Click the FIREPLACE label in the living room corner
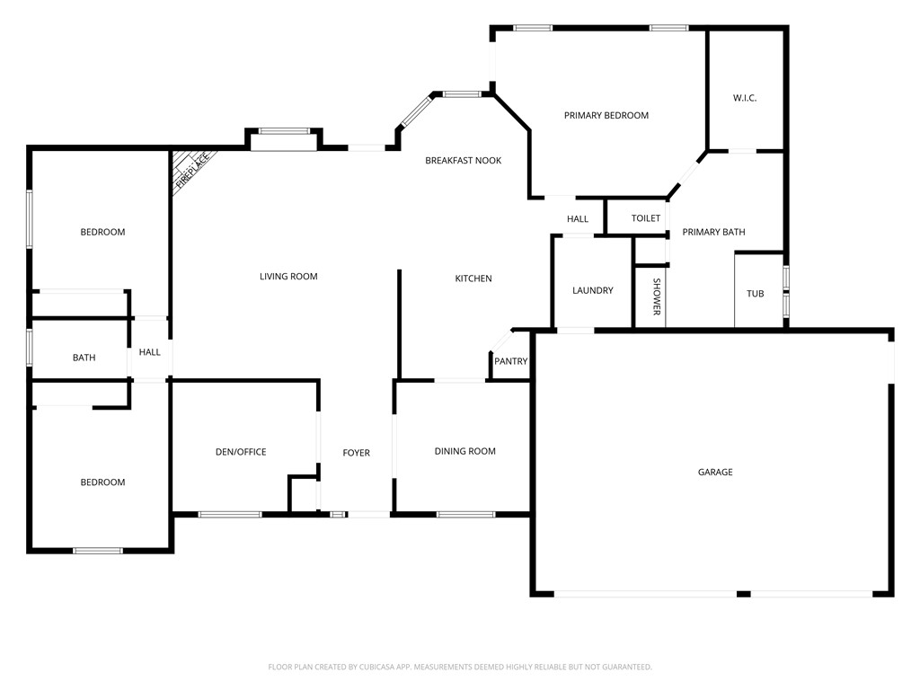[x=192, y=170]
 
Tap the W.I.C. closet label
[x=745, y=98]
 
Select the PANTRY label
[x=511, y=362]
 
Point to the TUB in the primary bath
[x=756, y=294]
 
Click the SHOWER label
[x=657, y=296]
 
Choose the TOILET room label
[x=646, y=218]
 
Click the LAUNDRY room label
[x=593, y=290]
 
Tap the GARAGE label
[x=715, y=472]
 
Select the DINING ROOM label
[x=464, y=451]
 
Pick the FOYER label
[x=356, y=453]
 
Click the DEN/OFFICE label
[x=241, y=452]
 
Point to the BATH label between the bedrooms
[x=84, y=358]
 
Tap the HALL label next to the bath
[x=150, y=352]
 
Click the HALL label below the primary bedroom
[x=578, y=219]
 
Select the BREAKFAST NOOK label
[x=463, y=160]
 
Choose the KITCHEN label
[x=473, y=279]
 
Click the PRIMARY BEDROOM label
[x=606, y=115]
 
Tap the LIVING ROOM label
[x=288, y=277]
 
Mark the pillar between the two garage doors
[x=743, y=594]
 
